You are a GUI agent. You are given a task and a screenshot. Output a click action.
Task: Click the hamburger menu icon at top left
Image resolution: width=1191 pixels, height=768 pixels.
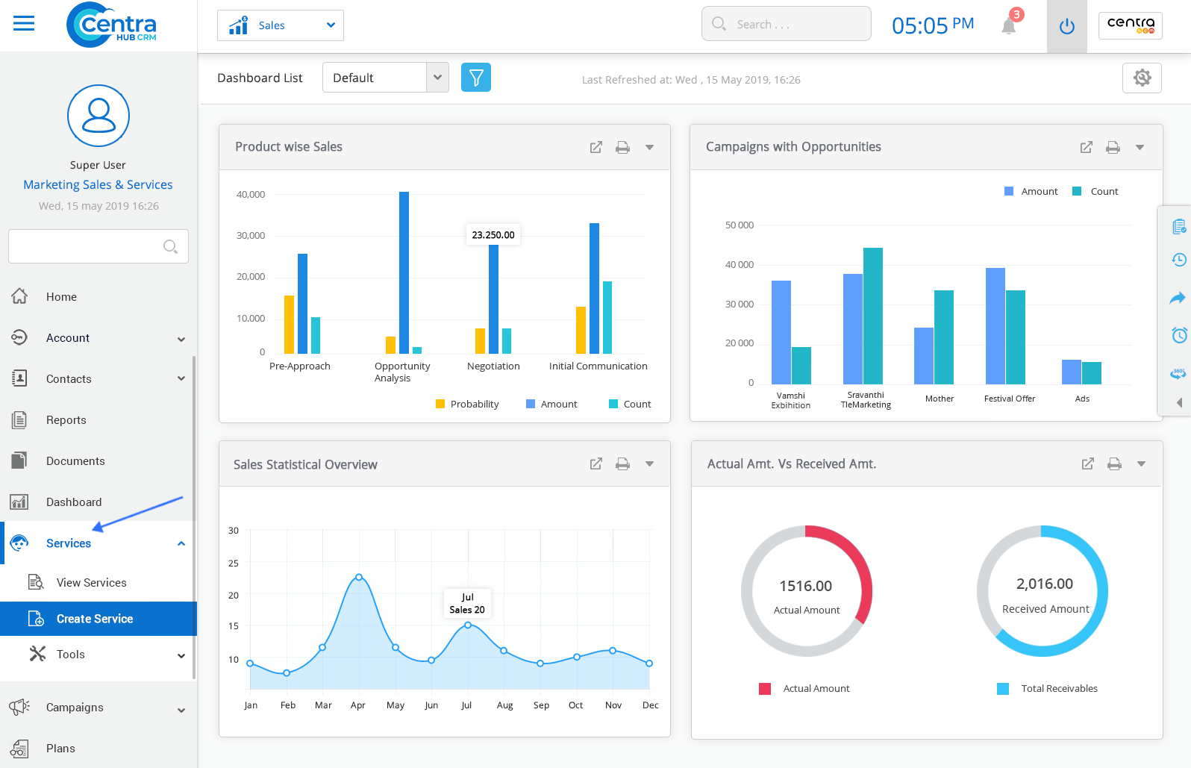24,24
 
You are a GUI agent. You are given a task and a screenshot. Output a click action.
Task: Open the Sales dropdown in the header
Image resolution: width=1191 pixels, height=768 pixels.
281,25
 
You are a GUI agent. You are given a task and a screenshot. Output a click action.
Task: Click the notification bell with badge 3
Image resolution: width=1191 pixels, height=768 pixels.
1009,25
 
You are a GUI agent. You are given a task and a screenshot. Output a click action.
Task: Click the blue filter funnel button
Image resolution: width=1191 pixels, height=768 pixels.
476,78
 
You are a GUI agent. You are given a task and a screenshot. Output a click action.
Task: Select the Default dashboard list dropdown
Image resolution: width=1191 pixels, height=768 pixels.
385,78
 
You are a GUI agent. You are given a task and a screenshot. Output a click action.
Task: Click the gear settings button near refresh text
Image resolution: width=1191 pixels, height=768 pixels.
1142,78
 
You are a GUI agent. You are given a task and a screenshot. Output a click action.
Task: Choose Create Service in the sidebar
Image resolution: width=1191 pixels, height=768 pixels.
95,619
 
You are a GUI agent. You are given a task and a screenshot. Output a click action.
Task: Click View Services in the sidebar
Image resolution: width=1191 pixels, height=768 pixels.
91,583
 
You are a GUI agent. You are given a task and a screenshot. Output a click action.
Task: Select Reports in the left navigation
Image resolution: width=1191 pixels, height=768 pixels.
66,420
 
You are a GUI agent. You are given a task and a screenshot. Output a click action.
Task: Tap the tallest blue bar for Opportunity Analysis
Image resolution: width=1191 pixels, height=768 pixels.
404,272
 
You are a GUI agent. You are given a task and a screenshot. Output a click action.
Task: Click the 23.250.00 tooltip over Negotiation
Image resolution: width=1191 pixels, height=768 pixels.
493,235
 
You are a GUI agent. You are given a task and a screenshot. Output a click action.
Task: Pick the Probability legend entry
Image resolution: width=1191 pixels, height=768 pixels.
467,405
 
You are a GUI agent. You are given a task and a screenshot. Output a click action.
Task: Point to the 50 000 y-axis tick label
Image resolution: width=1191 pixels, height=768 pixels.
739,225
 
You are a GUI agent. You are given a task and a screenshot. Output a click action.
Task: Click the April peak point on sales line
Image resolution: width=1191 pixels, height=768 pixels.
359,577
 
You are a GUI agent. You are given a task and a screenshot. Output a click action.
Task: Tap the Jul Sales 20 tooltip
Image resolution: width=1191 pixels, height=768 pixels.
467,603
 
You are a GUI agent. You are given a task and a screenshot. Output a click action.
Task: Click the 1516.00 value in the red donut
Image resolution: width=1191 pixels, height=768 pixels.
806,587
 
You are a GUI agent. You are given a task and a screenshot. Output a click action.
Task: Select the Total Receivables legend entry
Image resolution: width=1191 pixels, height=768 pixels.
1058,689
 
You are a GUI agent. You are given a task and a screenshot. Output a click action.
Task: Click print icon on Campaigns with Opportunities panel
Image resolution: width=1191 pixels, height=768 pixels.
1113,148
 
